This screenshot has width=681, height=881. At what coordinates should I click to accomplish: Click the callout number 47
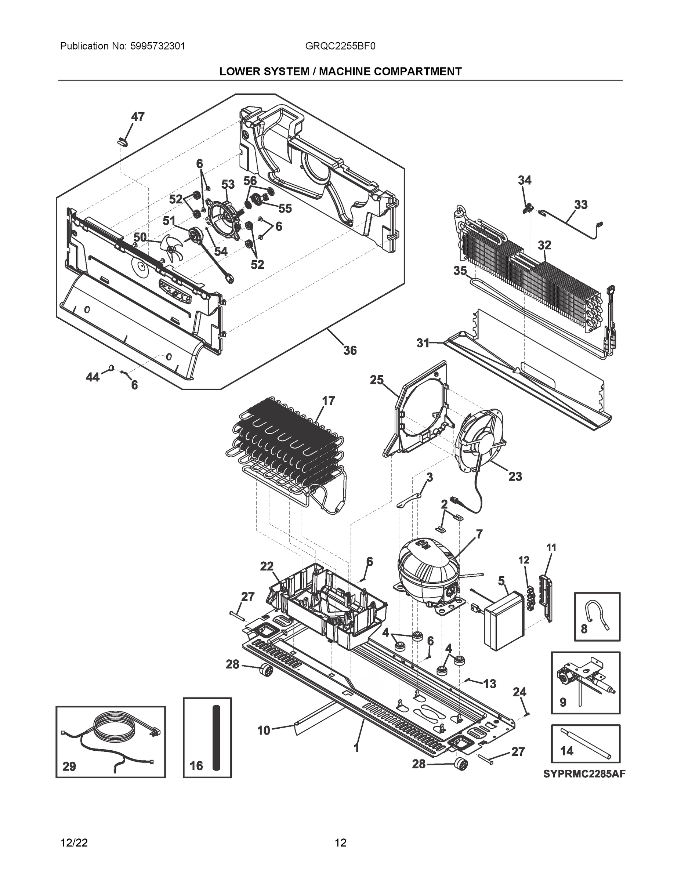click(138, 117)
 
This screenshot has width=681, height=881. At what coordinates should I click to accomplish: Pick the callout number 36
click(350, 350)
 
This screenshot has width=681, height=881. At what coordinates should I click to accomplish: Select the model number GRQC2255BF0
click(340, 46)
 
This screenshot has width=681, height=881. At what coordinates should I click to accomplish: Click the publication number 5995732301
click(158, 46)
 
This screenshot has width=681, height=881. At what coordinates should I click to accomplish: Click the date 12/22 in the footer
click(74, 843)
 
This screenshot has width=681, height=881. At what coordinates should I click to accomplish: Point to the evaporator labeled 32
click(529, 278)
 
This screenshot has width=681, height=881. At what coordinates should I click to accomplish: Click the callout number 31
click(423, 343)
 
